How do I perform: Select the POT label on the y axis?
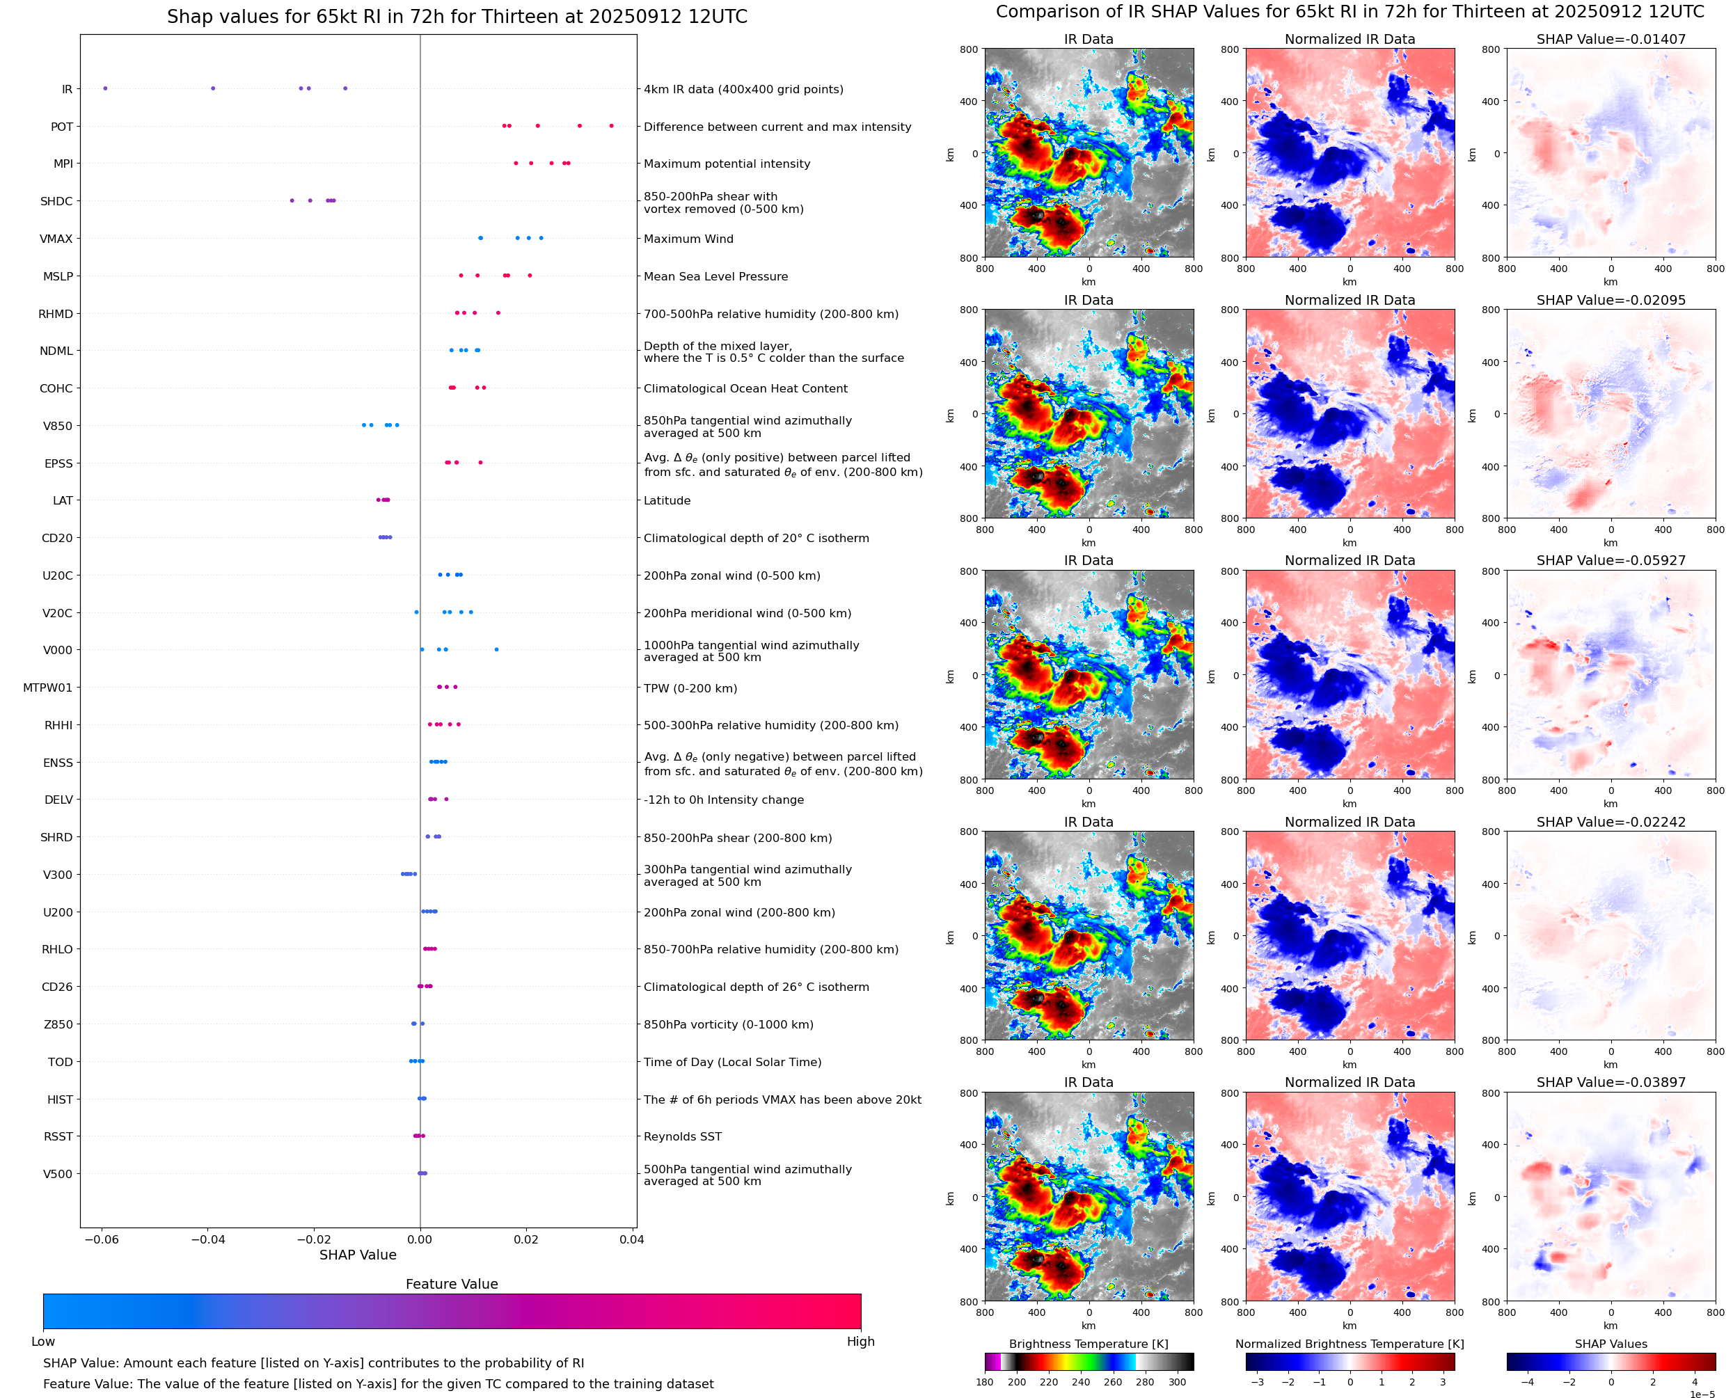(x=62, y=127)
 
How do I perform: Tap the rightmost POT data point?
(x=611, y=126)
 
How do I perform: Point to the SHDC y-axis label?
(x=56, y=201)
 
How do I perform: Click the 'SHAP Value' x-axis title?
(x=358, y=1255)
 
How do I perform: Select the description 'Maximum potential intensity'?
(x=727, y=164)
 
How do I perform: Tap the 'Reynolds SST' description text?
(x=682, y=1136)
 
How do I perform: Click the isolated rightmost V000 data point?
(x=496, y=649)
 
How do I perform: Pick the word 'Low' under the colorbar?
(x=42, y=1342)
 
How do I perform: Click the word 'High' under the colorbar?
(x=860, y=1342)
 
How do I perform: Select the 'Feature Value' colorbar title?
(x=452, y=1284)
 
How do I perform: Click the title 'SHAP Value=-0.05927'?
(x=1611, y=560)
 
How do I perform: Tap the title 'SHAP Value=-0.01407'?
(x=1611, y=39)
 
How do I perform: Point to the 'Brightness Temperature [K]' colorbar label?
(x=1088, y=1344)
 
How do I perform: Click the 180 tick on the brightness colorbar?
(x=984, y=1382)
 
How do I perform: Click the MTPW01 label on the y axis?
(x=47, y=688)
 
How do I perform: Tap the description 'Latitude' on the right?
(x=667, y=501)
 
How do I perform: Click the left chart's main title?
(x=457, y=17)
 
